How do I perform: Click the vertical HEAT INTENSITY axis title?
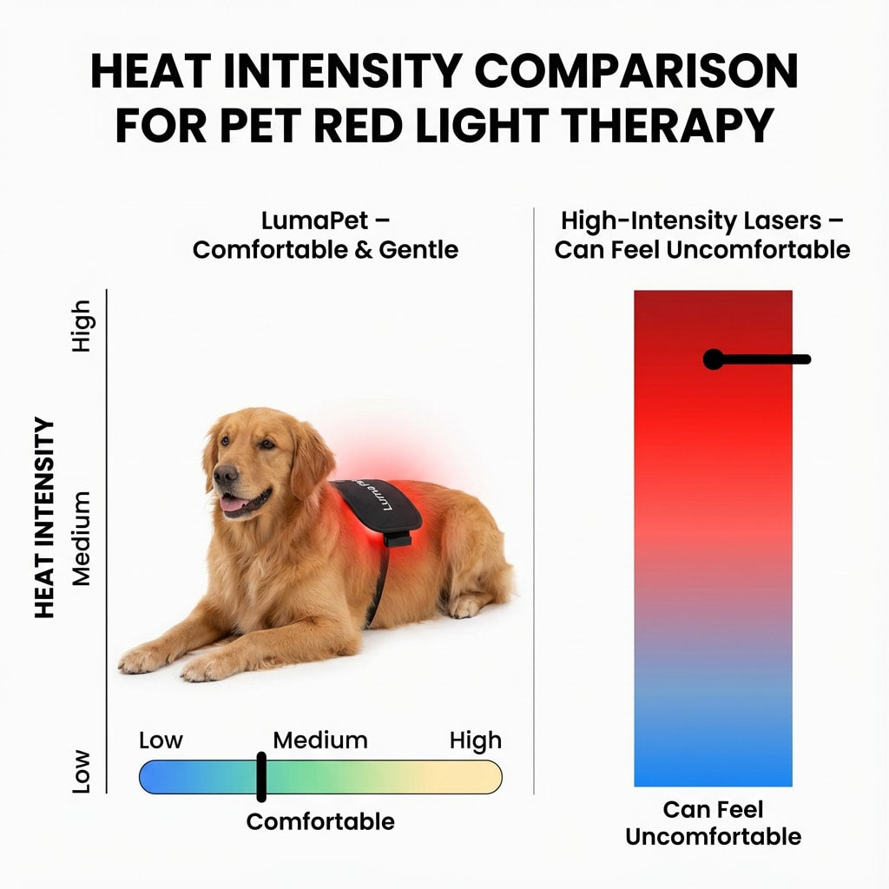click(x=45, y=518)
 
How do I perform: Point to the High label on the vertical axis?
click(x=81, y=326)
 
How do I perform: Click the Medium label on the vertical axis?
click(x=81, y=538)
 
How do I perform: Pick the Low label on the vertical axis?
click(x=81, y=771)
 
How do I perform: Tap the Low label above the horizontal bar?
click(x=161, y=741)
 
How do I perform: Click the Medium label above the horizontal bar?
click(x=320, y=741)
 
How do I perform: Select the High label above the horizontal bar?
click(x=475, y=741)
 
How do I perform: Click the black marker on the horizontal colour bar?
click(x=260, y=777)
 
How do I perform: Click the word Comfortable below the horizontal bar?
click(x=320, y=821)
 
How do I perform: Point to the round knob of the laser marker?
click(x=713, y=359)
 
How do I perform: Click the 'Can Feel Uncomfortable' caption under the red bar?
click(x=713, y=823)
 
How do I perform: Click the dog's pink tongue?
click(x=233, y=504)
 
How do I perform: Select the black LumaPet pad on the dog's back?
click(x=379, y=506)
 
